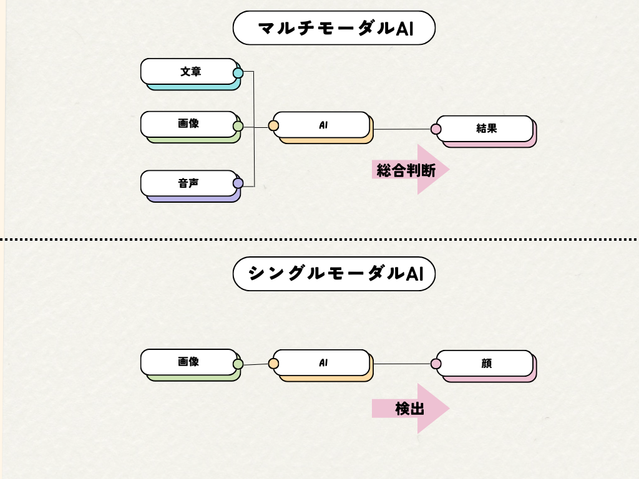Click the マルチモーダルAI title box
334,28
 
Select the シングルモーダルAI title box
334,274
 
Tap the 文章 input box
189,72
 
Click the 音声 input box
189,183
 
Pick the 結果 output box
485,128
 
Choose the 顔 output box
485,363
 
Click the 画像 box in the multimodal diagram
189,124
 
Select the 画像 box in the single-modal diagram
189,362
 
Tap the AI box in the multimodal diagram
322,125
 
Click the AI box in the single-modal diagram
322,362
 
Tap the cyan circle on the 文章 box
238,73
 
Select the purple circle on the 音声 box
238,183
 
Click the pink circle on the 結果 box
436,129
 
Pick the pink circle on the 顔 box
436,364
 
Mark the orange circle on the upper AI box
273,126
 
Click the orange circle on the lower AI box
273,364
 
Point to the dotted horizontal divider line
125,239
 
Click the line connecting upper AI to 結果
402,129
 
